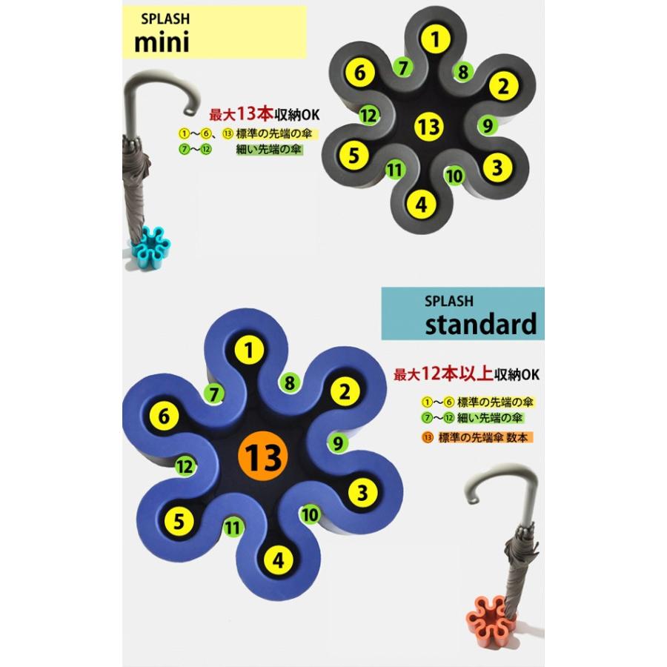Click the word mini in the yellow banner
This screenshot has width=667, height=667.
162,42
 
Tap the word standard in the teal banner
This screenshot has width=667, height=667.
479,324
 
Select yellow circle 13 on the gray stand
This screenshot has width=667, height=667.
429,126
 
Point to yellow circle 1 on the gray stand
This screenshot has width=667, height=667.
439,39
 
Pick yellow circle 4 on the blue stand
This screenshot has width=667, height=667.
277,560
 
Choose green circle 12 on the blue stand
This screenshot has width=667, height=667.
185,467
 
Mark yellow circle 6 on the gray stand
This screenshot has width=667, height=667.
359,73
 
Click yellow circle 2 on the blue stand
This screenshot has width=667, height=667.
342,392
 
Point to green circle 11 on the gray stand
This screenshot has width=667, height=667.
394,170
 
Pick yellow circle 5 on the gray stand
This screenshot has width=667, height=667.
354,155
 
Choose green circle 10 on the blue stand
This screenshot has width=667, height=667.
311,514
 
